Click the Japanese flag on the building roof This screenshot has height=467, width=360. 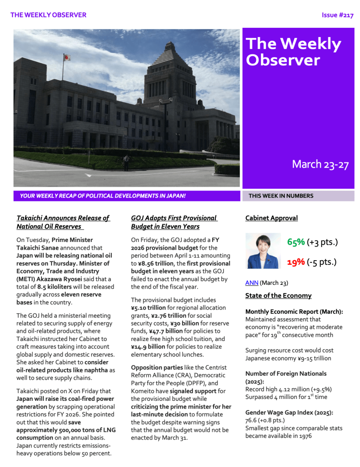click(67, 58)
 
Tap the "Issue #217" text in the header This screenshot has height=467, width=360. click(337, 15)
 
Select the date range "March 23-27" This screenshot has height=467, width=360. click(320, 164)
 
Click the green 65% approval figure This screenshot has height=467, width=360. click(296, 242)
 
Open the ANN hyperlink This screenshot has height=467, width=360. click(251, 283)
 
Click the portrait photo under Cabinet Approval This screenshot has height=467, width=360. click(263, 251)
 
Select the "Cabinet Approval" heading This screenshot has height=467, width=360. click(271, 218)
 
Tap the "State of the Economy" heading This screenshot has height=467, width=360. click(278, 296)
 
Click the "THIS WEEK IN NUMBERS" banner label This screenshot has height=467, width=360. click(281, 196)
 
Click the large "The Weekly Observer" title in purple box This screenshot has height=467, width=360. click(293, 52)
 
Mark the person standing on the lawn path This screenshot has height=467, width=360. click(126, 162)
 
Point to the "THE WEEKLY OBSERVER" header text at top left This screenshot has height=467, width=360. click(48, 15)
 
